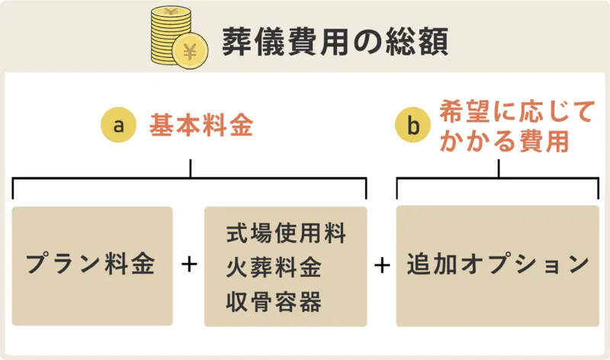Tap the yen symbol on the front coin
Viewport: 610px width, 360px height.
coord(189,51)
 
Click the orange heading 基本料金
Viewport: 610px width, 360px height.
coord(201,127)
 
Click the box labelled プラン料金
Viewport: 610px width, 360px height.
coord(91,265)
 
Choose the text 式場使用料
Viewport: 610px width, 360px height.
coord(286,233)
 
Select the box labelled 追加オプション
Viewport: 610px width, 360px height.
coord(497,265)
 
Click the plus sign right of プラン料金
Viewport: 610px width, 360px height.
coord(189,265)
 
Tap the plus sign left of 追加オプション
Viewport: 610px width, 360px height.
coord(382,265)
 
